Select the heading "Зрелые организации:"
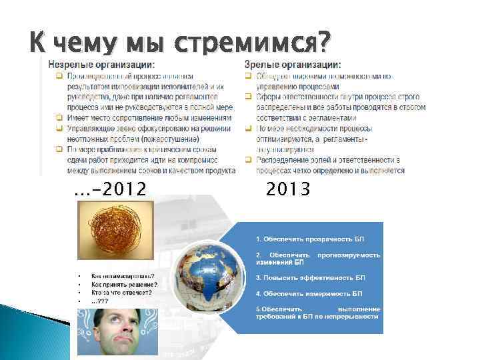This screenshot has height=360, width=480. coord(293,65)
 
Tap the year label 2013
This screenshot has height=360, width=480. coord(287,190)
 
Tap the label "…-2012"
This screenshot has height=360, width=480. coord(111,190)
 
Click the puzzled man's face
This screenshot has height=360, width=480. coord(117,330)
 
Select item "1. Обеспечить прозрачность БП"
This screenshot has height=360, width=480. coord(310,239)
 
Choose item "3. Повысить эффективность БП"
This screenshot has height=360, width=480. coord(311,277)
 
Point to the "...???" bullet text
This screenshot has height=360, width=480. coord(101,301)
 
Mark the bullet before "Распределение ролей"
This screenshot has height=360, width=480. coord(249,161)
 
